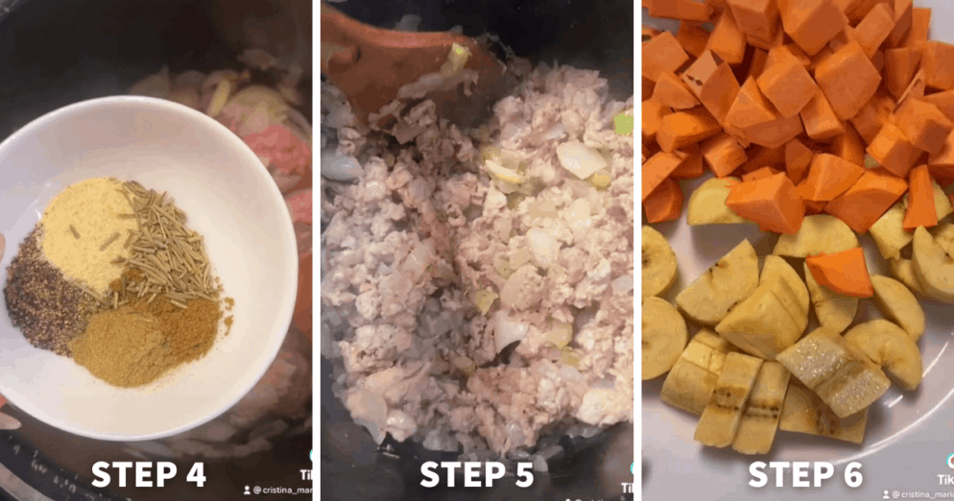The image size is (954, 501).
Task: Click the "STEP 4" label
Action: click(149, 474)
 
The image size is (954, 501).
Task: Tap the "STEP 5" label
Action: click(477, 474)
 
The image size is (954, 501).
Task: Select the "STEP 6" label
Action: click(805, 474)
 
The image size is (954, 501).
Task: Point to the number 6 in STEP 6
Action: click(849, 474)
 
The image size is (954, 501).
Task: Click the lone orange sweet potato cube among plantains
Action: click(841, 272)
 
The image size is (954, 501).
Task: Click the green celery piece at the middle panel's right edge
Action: click(623, 124)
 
